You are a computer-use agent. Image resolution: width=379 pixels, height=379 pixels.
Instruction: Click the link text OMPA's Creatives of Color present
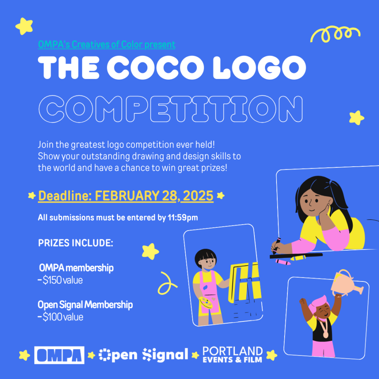click(107, 44)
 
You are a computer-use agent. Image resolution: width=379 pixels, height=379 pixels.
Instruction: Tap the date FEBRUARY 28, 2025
click(154, 196)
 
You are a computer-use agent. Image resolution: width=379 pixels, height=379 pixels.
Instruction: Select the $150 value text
click(63, 280)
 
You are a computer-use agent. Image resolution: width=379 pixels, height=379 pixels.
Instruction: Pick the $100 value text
click(63, 317)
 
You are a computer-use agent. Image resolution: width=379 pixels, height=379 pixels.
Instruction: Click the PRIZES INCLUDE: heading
click(76, 243)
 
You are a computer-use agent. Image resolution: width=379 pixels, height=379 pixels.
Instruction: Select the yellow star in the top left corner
click(24, 26)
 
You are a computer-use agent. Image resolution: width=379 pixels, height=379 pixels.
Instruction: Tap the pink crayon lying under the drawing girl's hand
click(283, 262)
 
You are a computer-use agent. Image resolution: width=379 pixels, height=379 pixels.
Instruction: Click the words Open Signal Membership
click(85, 305)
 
